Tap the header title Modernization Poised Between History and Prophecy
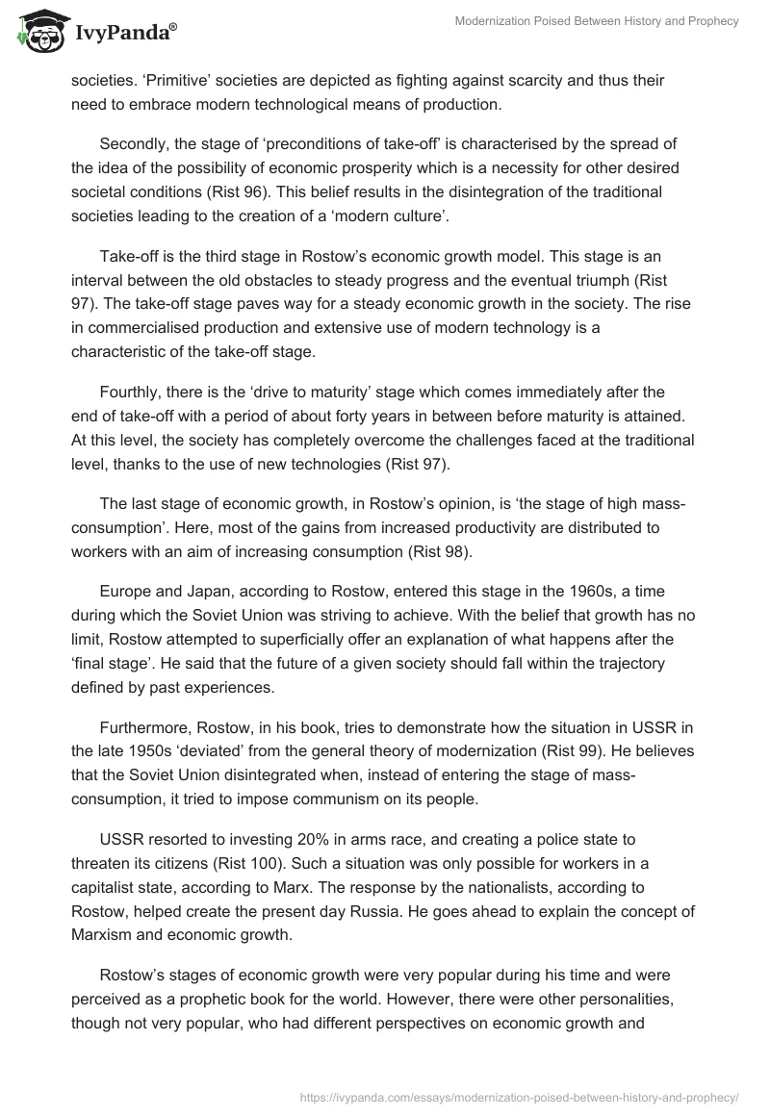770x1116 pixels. tap(597, 21)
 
